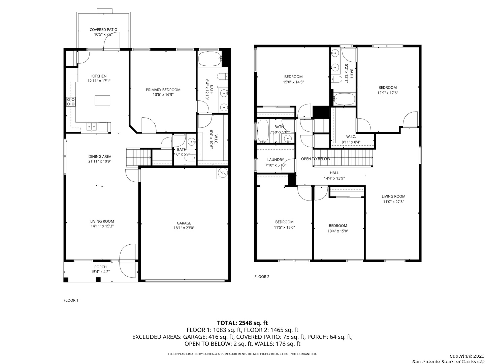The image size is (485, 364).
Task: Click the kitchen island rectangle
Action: (x=102, y=100)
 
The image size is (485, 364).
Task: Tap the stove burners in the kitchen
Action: (x=71, y=102)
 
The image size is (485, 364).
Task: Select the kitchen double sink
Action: (x=92, y=127)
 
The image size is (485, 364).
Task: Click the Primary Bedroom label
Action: (x=163, y=90)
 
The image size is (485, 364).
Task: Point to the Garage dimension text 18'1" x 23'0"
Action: (x=184, y=228)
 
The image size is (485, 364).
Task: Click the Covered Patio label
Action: (x=103, y=30)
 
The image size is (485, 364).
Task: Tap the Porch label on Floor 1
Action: (x=100, y=267)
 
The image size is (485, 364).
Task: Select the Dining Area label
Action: (x=100, y=156)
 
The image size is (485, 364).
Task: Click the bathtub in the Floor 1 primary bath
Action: (x=210, y=59)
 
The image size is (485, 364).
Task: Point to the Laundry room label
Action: (x=276, y=159)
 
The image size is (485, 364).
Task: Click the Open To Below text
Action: (x=316, y=159)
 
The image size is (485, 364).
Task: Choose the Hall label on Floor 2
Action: (x=334, y=173)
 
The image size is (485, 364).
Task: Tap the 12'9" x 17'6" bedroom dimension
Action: (x=387, y=93)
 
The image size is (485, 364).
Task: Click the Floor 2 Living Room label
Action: (x=393, y=196)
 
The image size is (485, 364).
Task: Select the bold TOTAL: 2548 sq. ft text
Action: (x=243, y=323)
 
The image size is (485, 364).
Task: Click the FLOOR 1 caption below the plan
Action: (x=71, y=300)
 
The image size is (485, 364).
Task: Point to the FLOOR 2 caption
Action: (x=262, y=276)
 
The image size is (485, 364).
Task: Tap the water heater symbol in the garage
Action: (x=222, y=173)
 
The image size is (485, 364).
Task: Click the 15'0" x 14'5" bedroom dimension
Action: (x=293, y=82)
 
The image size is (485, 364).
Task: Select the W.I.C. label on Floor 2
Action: (x=351, y=136)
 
